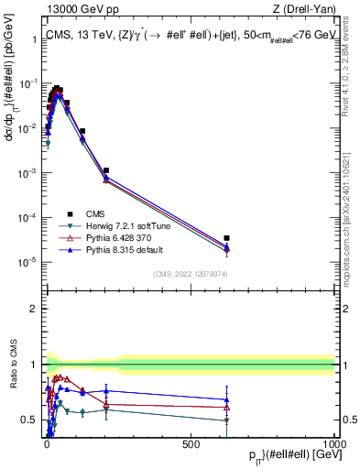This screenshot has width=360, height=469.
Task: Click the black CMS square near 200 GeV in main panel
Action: [106, 170]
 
